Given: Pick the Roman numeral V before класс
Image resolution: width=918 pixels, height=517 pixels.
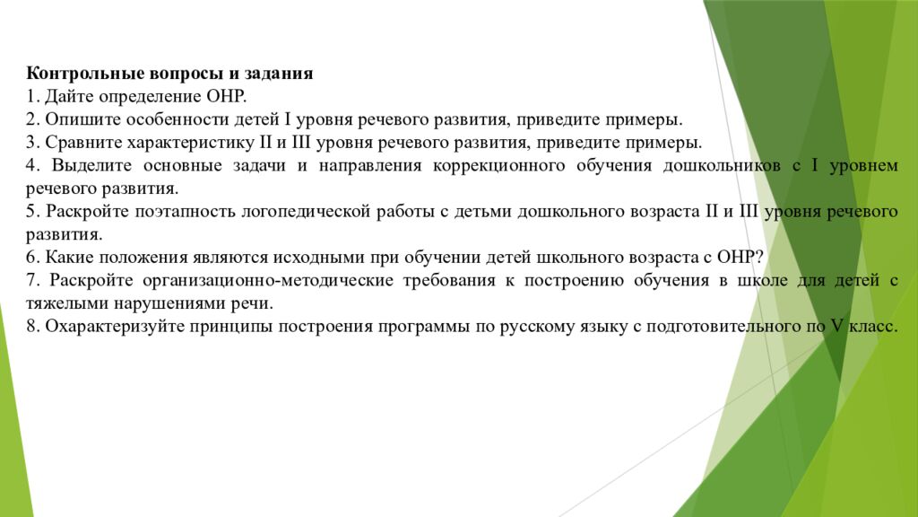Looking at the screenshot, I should (x=836, y=328).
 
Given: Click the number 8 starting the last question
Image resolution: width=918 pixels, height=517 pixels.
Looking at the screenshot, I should (x=30, y=328).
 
